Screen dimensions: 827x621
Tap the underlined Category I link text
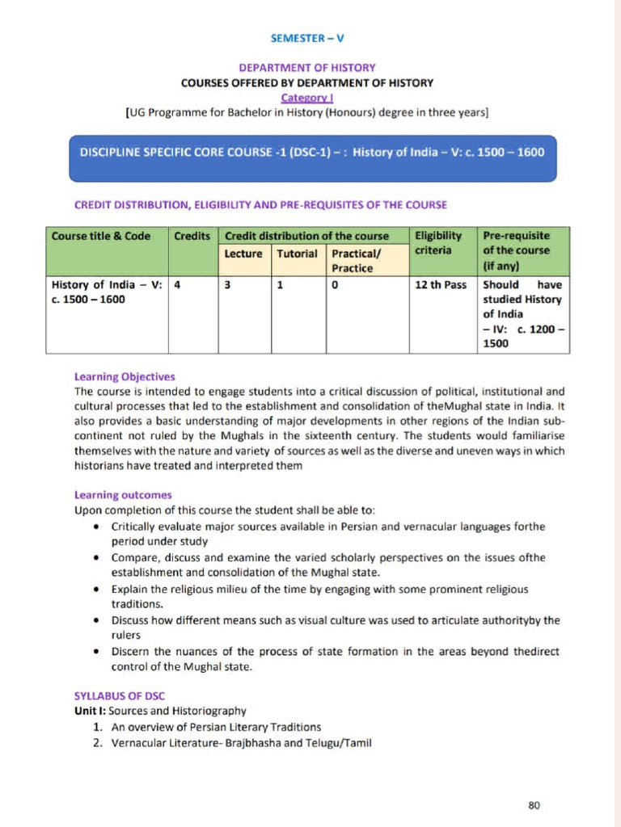pos(306,97)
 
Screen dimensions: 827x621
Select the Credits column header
pos(192,236)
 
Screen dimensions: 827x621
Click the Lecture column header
pos(243,254)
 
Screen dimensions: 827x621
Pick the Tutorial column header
pos(298,254)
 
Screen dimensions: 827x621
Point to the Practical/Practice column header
pos(356,261)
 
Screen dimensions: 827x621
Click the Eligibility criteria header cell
pos(438,243)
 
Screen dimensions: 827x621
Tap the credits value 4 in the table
pos(177,285)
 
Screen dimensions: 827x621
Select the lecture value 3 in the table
pos(228,285)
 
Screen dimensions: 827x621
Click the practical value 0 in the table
pos(335,285)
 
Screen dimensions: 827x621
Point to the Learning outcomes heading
pos(123,495)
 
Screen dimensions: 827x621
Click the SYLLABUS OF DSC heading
pos(120,696)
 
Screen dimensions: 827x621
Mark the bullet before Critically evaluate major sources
pos(96,527)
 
